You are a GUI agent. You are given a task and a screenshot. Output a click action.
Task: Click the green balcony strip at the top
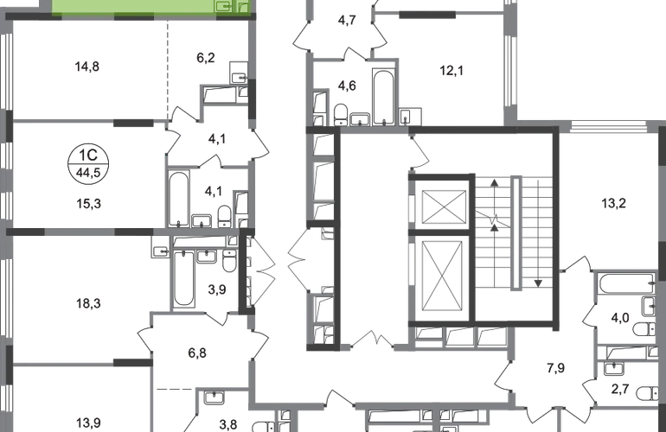(x=130, y=8)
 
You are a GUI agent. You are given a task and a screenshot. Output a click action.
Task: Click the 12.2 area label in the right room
(x=615, y=204)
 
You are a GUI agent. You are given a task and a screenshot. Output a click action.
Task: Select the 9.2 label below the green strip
(x=205, y=59)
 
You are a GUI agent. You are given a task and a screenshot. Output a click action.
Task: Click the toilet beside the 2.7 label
(x=645, y=391)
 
